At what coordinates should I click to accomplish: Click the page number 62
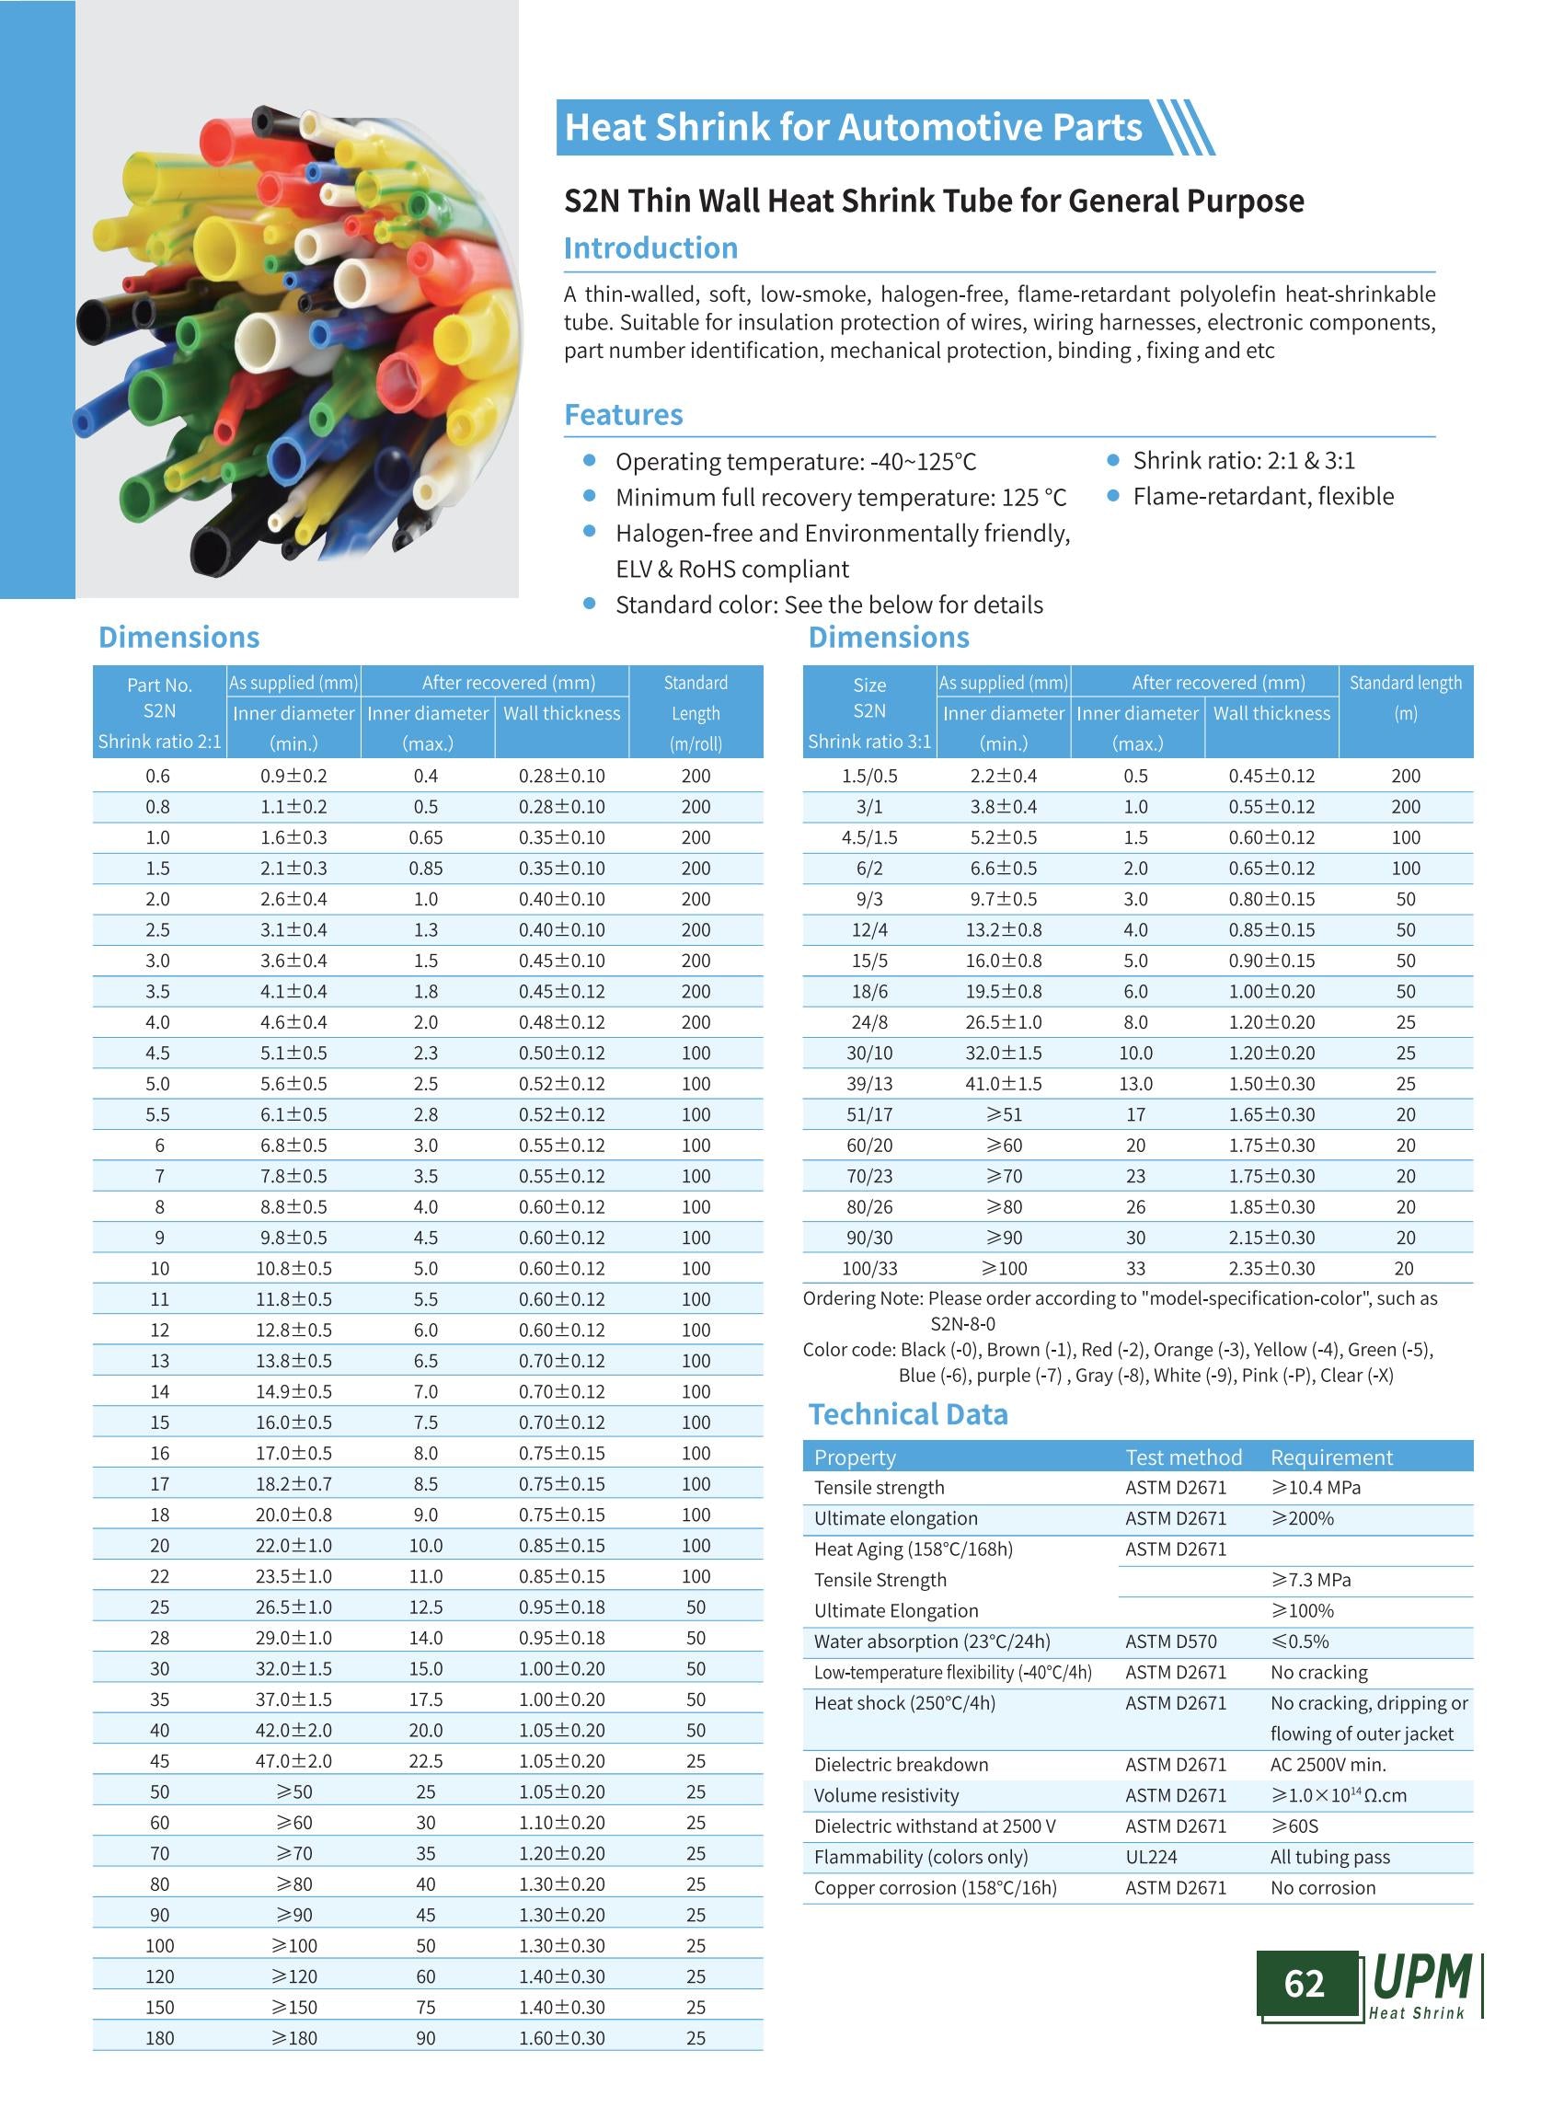(x=1304, y=1982)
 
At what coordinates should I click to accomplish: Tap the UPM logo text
(x=1421, y=1977)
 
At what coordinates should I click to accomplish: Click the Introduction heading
(x=650, y=248)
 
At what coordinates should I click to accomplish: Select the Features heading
(x=623, y=415)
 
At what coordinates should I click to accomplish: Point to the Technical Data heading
(x=907, y=1414)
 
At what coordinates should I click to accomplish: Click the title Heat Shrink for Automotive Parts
(x=853, y=128)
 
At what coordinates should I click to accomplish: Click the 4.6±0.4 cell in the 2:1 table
(x=293, y=1022)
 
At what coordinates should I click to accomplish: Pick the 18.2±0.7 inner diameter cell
(x=293, y=1484)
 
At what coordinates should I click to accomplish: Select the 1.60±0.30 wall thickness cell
(x=561, y=2038)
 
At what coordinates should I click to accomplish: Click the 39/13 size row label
(x=869, y=1083)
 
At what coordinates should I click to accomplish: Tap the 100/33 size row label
(x=869, y=1268)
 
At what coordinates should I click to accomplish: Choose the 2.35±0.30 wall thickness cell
(x=1271, y=1268)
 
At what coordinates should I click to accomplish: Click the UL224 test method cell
(x=1151, y=1857)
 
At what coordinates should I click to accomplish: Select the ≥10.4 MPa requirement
(x=1316, y=1488)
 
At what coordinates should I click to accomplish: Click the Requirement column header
(x=1331, y=1457)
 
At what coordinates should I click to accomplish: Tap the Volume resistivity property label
(x=886, y=1795)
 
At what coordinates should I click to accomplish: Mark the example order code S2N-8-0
(x=963, y=1324)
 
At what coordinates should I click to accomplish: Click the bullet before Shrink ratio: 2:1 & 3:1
(x=1113, y=460)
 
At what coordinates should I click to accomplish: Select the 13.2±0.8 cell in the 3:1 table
(x=1004, y=930)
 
